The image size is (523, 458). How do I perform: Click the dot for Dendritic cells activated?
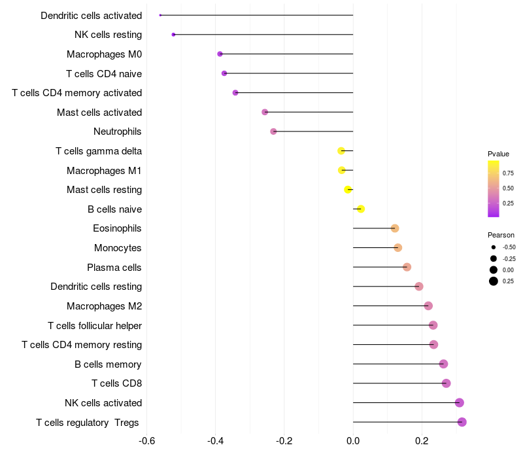click(x=160, y=15)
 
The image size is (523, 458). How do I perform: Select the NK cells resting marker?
click(x=173, y=35)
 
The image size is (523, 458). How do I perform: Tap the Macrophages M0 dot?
click(x=220, y=54)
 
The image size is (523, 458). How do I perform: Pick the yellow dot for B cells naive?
click(x=361, y=209)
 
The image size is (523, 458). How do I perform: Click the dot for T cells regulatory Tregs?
click(x=462, y=422)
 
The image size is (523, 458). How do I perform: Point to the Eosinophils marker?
click(x=395, y=228)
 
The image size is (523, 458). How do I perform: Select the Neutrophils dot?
click(x=273, y=132)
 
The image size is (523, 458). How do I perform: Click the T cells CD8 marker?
click(x=447, y=383)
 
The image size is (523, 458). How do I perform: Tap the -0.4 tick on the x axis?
click(x=215, y=441)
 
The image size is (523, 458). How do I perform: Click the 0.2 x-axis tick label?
click(x=422, y=441)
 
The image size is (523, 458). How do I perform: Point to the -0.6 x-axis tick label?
click(x=146, y=441)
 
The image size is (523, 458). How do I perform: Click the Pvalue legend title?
click(x=498, y=154)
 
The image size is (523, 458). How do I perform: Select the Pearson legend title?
click(x=501, y=235)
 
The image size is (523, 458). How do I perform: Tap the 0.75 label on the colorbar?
click(x=508, y=173)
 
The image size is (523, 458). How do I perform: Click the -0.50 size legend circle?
click(x=494, y=247)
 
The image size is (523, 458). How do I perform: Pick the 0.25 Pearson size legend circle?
click(x=494, y=281)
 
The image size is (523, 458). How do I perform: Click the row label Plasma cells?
click(x=114, y=268)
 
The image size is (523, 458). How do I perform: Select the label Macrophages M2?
click(x=105, y=306)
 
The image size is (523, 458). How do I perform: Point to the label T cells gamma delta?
click(x=99, y=151)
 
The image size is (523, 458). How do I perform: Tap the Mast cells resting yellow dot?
click(x=348, y=190)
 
